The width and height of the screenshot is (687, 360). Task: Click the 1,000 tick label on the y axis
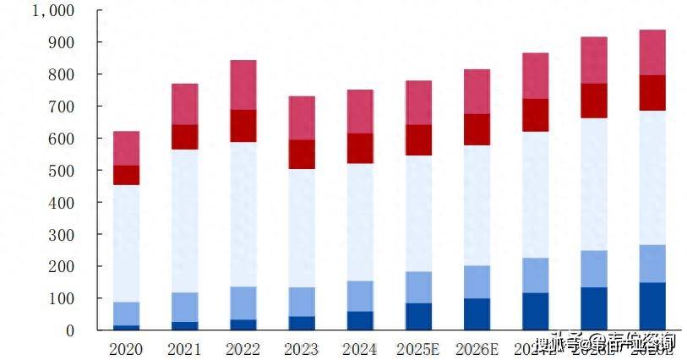[x=52, y=11]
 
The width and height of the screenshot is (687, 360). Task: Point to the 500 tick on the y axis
[x=62, y=171]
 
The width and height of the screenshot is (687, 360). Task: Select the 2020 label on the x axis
[x=126, y=348]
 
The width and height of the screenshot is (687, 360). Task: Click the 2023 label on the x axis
[x=302, y=348]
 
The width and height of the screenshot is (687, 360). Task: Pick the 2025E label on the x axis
[x=418, y=348]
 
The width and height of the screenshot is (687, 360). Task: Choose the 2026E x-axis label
[x=477, y=348]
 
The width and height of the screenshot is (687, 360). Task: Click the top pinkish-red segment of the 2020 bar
[x=126, y=148]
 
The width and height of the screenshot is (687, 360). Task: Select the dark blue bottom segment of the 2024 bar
[x=360, y=320]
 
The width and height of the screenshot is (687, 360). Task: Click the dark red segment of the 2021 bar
[x=184, y=137]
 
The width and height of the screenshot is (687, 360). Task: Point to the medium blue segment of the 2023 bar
[x=302, y=302]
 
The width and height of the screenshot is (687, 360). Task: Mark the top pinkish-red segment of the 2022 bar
[x=243, y=85]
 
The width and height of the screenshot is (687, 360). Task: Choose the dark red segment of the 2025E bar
[x=418, y=140]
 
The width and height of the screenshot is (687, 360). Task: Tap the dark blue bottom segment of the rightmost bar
[x=652, y=306]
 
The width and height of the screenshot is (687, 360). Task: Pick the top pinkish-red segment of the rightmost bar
[x=652, y=52]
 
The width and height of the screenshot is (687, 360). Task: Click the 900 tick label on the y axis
[x=62, y=42]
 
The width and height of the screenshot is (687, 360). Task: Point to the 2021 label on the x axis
[x=184, y=348]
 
